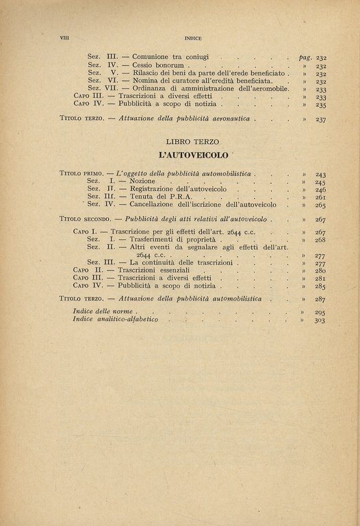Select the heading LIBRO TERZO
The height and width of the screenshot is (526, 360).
point(192,141)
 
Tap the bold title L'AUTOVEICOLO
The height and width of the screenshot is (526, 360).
point(192,155)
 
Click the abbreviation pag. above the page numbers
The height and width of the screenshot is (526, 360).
point(305,57)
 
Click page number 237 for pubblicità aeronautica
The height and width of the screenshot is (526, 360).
point(320,119)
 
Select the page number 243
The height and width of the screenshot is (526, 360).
point(320,175)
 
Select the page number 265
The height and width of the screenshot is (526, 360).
point(320,205)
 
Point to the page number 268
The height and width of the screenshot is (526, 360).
point(320,240)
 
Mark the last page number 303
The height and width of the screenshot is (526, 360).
point(320,320)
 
